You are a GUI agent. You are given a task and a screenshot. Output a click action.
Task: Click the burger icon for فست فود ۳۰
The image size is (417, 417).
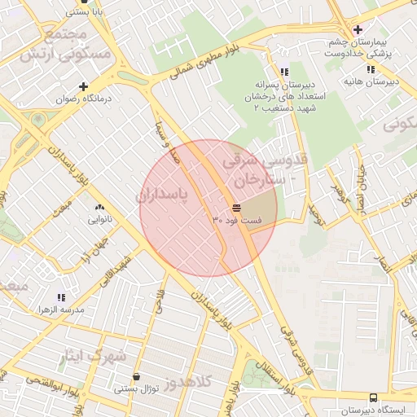pos(236,208)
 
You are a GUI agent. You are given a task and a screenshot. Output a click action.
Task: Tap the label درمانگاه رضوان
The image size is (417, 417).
pos(83,99)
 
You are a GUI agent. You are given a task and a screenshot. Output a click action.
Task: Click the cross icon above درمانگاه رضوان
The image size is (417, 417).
pos(83,86)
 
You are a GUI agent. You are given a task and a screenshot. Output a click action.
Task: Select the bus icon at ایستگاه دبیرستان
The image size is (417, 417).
pos(373,397)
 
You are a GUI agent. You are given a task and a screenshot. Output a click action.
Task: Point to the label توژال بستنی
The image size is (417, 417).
pos(135,390)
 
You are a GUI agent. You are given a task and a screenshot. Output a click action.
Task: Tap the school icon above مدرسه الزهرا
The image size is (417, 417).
pos(61,297)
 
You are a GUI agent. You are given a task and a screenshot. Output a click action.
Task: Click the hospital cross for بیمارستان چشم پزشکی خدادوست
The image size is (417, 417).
pos(358,30)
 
